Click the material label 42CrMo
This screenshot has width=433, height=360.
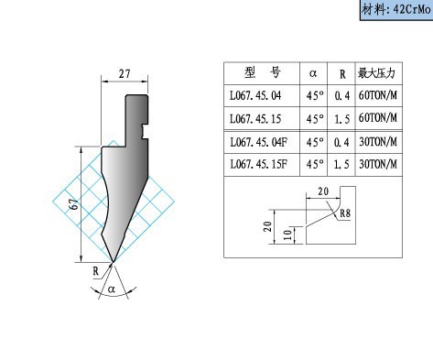(x=395, y=9)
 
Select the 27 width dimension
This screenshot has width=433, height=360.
(x=124, y=73)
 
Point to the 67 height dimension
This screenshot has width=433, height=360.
(x=74, y=204)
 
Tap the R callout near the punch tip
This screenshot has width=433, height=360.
(x=96, y=271)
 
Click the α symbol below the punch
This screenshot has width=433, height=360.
(x=112, y=289)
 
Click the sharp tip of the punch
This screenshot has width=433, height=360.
(x=114, y=262)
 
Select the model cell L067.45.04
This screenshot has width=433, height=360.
(x=255, y=95)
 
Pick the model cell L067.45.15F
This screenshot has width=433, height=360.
(x=258, y=165)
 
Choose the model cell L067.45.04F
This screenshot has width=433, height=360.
(x=258, y=142)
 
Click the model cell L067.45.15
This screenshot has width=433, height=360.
(x=255, y=119)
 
